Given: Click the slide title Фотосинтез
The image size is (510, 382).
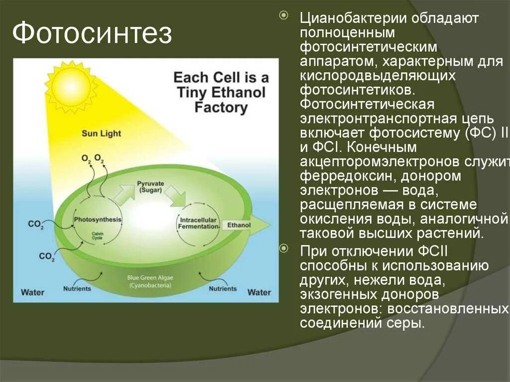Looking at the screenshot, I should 92,34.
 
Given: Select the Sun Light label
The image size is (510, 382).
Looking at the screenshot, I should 101,133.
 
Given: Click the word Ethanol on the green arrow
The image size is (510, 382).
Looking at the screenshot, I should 239,225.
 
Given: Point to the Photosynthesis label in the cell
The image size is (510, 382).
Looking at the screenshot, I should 98,220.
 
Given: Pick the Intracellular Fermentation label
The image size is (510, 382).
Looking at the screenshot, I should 199,223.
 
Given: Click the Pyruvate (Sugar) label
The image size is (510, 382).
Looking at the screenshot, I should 151,187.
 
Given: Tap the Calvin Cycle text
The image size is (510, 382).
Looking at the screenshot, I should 97,237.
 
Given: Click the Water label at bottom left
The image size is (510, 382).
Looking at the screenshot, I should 32,292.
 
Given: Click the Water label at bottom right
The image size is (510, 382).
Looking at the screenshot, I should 259,292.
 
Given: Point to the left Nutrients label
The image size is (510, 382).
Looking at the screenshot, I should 77,288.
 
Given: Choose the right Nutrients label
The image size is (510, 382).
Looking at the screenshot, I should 223,288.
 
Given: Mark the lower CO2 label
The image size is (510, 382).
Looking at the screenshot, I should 46,256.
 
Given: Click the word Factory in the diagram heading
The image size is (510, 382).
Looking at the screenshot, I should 221,108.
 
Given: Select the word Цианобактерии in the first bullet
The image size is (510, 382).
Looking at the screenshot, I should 353,19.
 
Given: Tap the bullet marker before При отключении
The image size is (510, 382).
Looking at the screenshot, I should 284,248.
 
